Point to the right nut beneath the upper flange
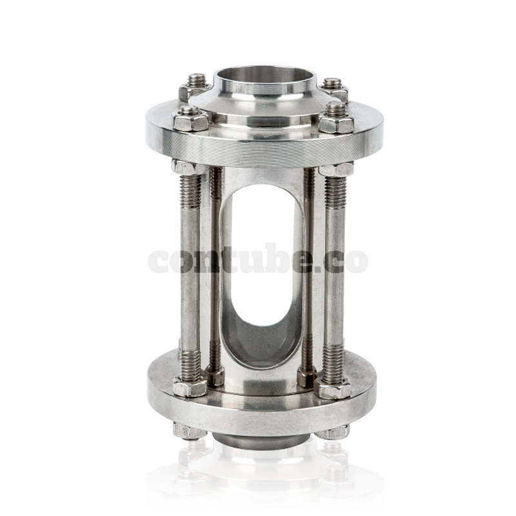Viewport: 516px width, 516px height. (x=337, y=169)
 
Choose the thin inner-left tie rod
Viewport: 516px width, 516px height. (x=216, y=271)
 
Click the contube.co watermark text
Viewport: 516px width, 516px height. (x=258, y=260)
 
